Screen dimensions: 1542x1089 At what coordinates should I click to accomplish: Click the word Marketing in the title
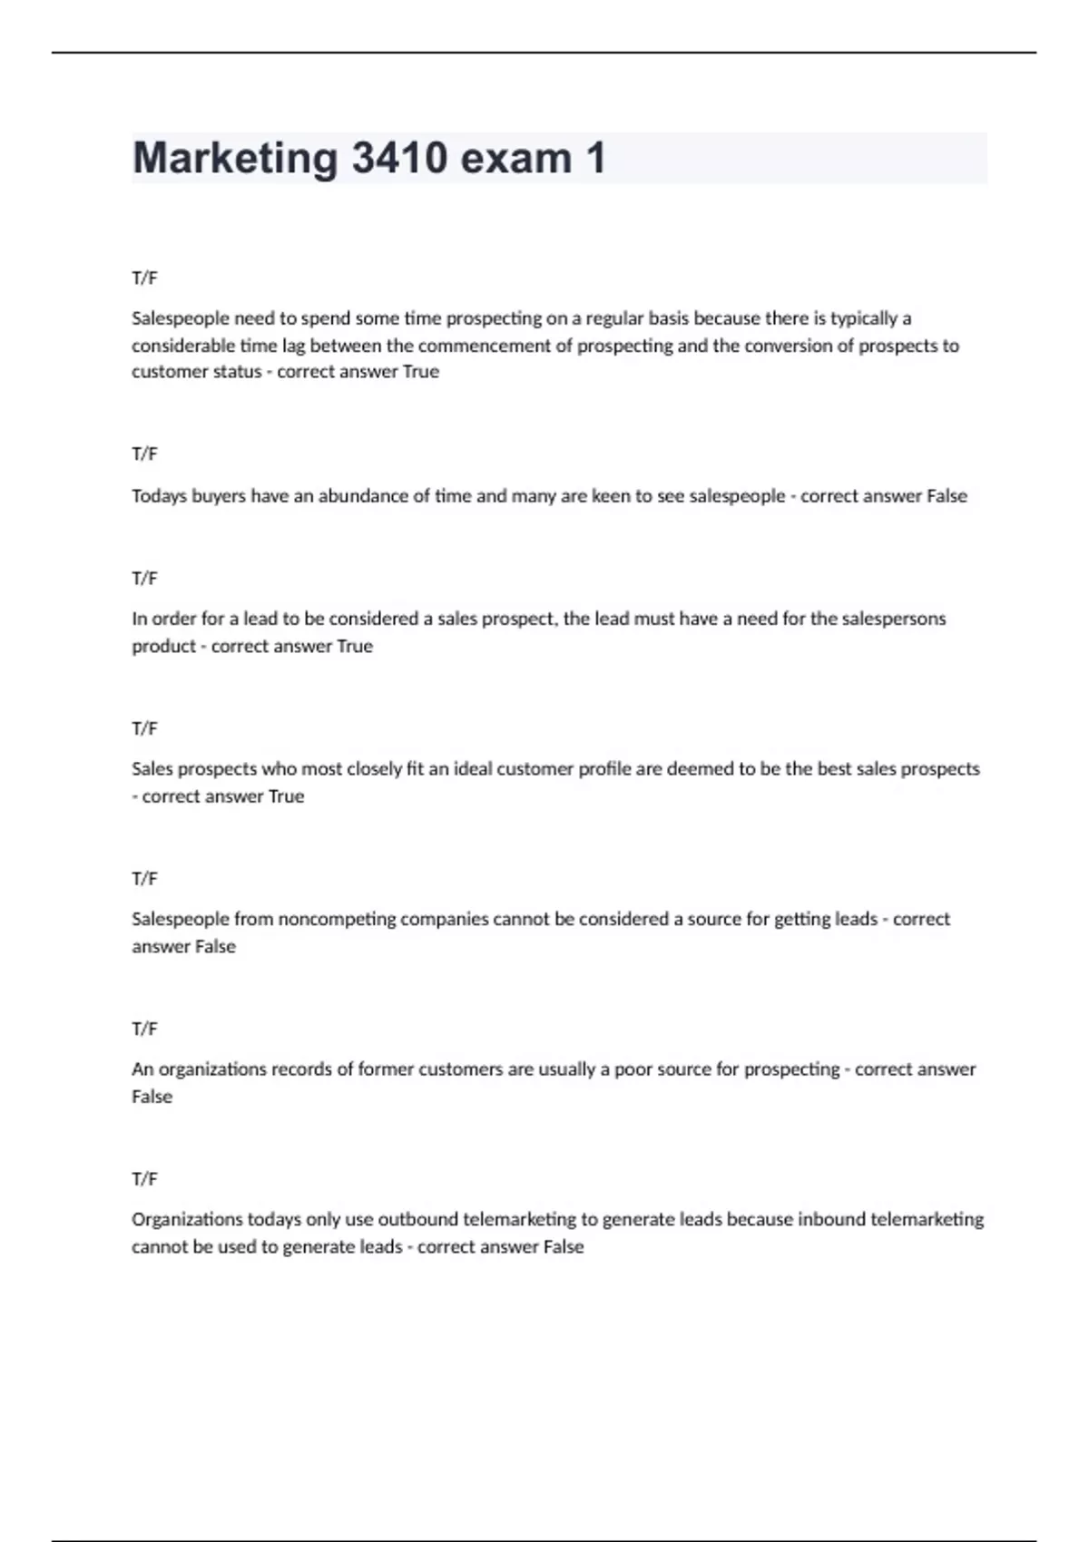tap(235, 159)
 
